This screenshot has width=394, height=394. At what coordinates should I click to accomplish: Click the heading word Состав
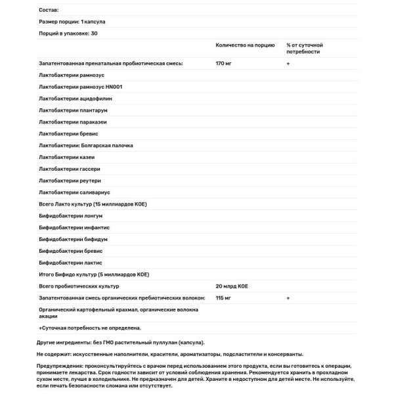[x=49, y=11]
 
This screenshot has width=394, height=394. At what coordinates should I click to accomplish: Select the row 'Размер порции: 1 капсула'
[x=73, y=22]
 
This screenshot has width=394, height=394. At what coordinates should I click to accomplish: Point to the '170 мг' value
[x=225, y=64]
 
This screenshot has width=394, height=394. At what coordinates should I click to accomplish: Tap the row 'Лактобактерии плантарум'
[x=74, y=111]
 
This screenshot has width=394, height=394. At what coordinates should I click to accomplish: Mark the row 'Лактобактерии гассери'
[x=70, y=169]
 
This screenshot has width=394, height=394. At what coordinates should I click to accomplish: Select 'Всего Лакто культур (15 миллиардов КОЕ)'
[x=93, y=204]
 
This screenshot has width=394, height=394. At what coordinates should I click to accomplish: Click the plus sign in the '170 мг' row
[x=288, y=64]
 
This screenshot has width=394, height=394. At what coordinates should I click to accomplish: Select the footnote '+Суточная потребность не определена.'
[x=90, y=326]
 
